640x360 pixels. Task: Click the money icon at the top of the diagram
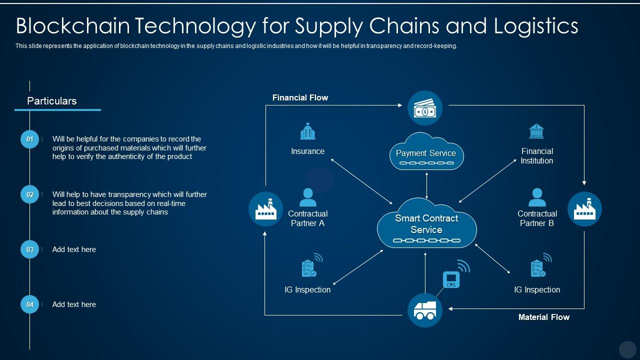[425, 108]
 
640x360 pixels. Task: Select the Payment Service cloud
[426, 151]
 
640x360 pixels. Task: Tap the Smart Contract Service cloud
[426, 223]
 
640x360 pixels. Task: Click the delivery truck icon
[425, 310]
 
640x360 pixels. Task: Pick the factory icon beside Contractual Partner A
[265, 209]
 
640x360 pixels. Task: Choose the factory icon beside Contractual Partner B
[584, 209]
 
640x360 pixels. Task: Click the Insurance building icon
[307, 131]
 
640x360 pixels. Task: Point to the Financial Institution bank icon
[536, 131]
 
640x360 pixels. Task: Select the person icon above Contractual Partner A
[307, 197]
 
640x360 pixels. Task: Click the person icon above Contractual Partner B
[537, 197]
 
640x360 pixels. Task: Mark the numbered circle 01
[29, 139]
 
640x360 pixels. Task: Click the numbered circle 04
[29, 304]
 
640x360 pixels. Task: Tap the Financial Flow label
[300, 97]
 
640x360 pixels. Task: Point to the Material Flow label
[544, 317]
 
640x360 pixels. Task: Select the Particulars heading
[51, 101]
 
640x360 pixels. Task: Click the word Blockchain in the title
[73, 25]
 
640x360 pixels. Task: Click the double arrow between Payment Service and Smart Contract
[426, 185]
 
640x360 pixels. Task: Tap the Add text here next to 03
[74, 249]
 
